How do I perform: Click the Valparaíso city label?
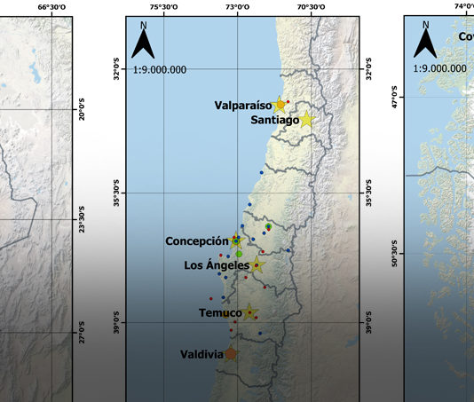241,105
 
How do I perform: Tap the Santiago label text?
273,120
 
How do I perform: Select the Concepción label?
196,241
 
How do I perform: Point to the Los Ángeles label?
216,264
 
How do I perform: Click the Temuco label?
221,313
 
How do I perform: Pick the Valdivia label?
201,354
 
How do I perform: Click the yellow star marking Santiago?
306,119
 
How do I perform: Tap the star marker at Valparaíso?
280,104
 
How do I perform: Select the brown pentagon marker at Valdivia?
231,353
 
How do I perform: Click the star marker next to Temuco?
250,312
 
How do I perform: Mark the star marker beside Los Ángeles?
257,264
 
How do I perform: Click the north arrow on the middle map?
145,43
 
